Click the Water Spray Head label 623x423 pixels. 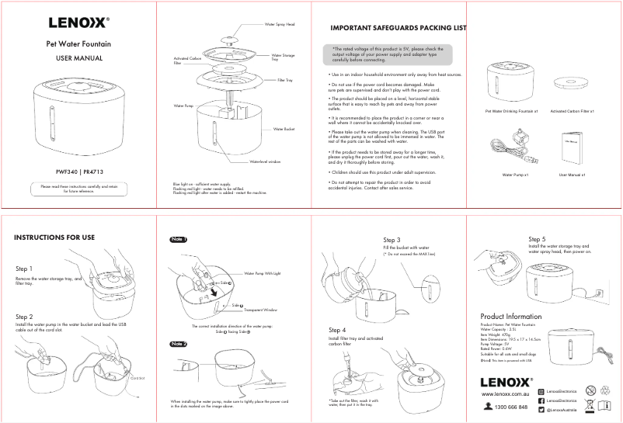280,24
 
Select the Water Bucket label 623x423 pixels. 284,129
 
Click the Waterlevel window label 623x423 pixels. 264,161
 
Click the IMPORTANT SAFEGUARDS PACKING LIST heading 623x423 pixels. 399,28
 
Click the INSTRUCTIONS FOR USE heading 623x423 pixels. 54,237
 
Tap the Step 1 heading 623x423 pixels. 24,269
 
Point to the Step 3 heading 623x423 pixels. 392,240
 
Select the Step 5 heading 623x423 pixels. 537,239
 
